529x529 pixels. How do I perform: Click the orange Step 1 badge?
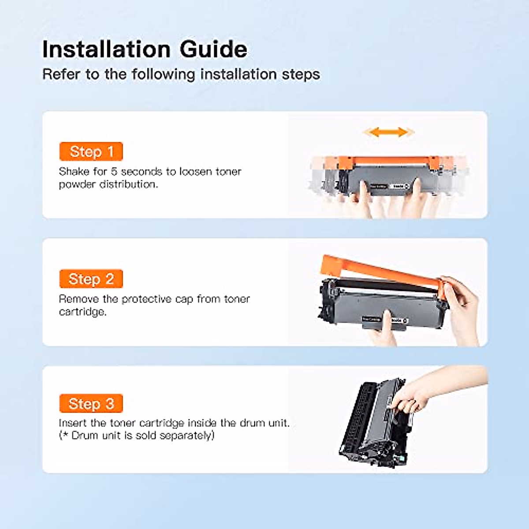91,152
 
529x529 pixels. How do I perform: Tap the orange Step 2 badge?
91,279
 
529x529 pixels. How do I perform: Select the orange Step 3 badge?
91,403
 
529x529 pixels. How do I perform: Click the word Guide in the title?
213,49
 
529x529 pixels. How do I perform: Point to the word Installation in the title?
106,49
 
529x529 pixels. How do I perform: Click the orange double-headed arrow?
388,132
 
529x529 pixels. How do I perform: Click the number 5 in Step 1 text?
114,171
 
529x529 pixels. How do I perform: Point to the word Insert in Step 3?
72,423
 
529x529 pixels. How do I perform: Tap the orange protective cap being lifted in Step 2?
379,271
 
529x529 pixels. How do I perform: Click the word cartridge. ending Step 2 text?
82,312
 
